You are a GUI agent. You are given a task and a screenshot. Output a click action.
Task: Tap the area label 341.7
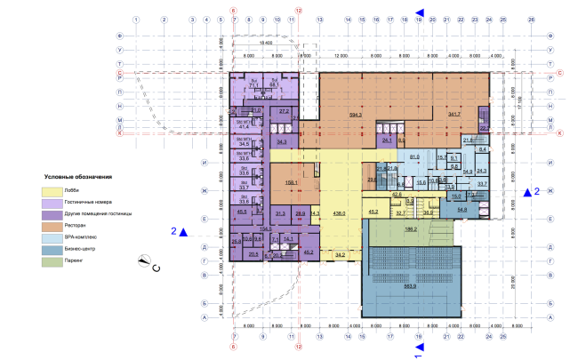[x=456, y=114]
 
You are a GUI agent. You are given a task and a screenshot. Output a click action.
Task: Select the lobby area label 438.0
[x=338, y=214]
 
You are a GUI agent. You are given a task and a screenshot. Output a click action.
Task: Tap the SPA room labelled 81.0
[x=413, y=157]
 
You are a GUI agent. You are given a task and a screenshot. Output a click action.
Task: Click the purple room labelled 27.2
[x=285, y=111]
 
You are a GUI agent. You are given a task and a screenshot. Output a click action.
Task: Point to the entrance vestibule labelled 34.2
[x=340, y=255]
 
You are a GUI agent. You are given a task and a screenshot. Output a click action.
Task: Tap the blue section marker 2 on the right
[x=531, y=191]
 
